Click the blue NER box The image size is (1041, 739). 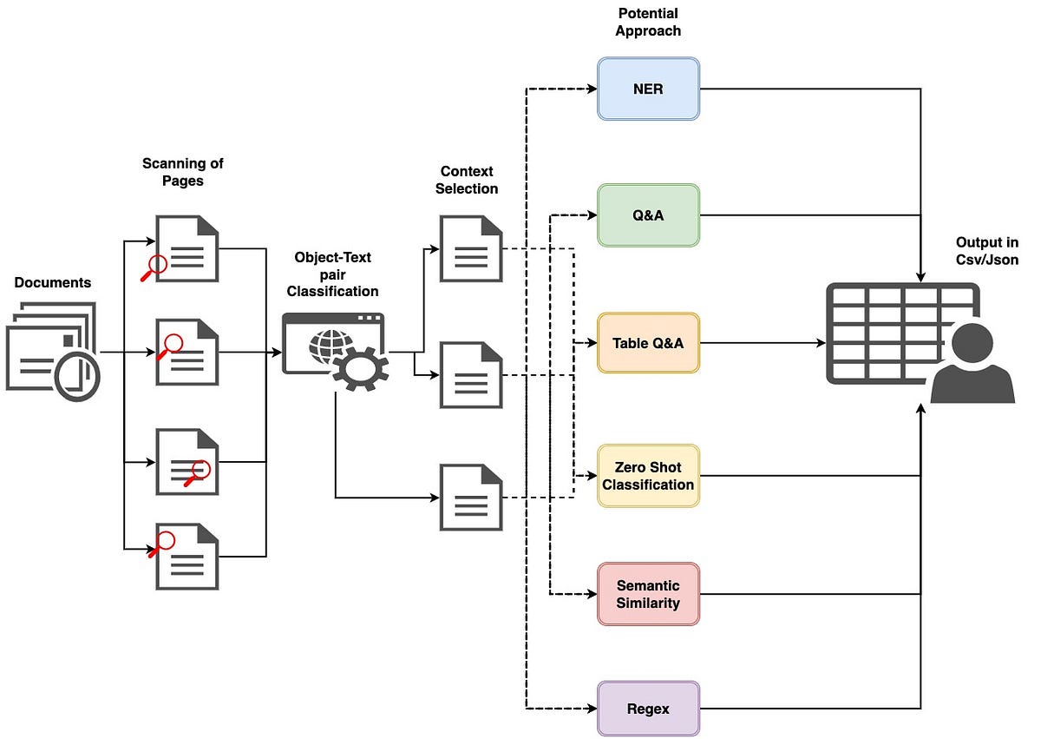coord(648,89)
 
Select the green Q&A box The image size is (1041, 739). coord(648,214)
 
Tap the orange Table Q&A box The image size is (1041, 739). coord(648,343)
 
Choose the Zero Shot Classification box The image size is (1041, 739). coord(648,475)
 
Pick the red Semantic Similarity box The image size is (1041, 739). coord(648,594)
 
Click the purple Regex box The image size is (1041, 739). coord(648,709)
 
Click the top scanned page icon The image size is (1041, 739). coord(186,248)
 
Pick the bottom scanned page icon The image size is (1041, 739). coord(186,556)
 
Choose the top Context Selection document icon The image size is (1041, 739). coord(471,248)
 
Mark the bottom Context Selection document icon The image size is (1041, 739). coord(471,497)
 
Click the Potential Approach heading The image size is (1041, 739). coord(649,22)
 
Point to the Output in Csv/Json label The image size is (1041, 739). coord(987,251)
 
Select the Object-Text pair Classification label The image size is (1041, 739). coord(333,274)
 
